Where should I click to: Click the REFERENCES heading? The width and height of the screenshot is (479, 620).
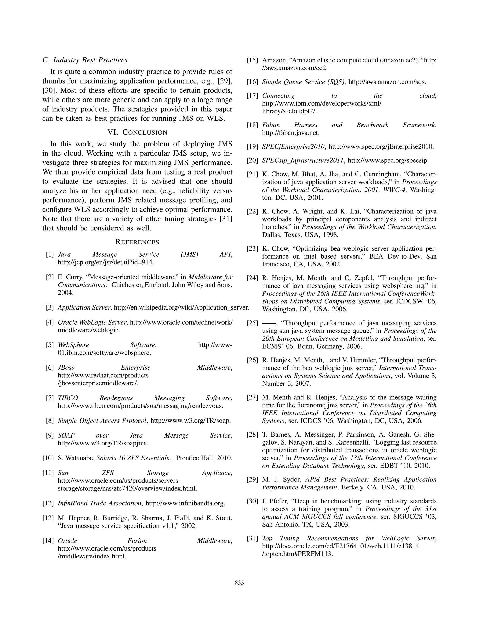click(137, 242)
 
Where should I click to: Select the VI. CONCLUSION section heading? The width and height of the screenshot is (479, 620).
click(137, 132)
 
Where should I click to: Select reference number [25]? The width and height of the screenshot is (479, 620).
click(252, 323)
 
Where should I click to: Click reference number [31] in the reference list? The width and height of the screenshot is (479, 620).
click(252, 538)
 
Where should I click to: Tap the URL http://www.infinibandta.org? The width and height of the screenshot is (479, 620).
click(185, 503)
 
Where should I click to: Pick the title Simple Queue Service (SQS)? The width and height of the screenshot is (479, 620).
click(303, 82)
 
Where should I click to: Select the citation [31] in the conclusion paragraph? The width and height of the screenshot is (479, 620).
click(226, 219)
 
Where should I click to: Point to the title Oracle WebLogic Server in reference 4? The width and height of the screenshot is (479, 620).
click(92, 322)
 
